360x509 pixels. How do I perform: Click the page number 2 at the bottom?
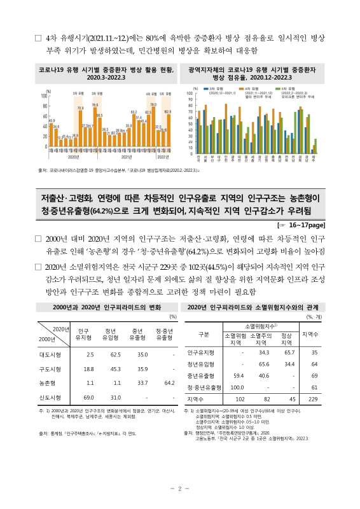pyautogui.click(x=180, y=487)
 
